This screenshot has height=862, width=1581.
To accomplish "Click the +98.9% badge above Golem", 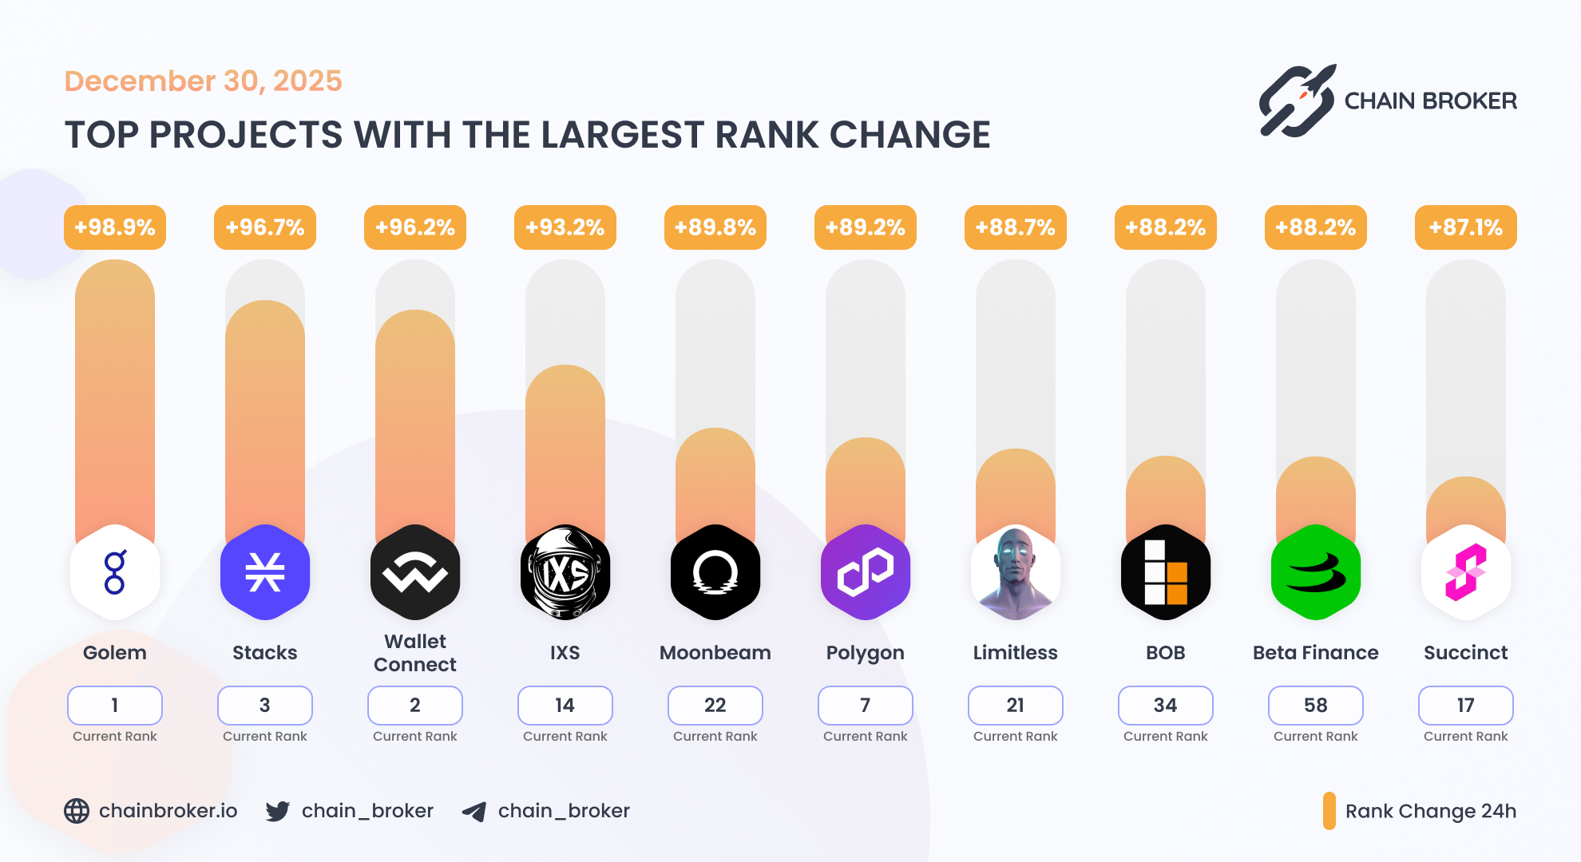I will coord(115,227).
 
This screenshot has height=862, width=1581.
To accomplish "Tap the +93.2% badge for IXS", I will coord(565,227).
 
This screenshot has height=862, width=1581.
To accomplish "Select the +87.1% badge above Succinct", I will coord(1466,227).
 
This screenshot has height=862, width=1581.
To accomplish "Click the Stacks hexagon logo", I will coord(265,572).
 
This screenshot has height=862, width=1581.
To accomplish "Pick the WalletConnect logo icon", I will coord(415,572).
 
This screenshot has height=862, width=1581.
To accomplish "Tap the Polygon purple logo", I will coord(866,572).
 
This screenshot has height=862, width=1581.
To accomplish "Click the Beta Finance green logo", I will coord(1316,572).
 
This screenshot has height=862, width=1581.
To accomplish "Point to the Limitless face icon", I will coord(1016,572).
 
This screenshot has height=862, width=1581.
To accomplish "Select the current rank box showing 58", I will coord(1316,706).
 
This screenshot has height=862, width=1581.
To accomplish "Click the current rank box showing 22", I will coord(715,706).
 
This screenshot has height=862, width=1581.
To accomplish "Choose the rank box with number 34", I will coord(1166,706).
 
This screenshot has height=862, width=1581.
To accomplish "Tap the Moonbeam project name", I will coord(715,653).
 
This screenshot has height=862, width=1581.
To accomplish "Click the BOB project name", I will coord(1166,653).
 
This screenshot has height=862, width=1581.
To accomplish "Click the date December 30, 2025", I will coord(203,81).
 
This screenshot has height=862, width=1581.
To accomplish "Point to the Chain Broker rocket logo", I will coord(1298,101).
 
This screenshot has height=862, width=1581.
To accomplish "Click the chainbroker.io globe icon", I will coord(77,811).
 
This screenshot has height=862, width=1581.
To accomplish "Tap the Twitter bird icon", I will coord(278,811).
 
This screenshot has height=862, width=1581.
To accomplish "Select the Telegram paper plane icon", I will coord(474,812).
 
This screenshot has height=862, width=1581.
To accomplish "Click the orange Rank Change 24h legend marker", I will coord(1329,811).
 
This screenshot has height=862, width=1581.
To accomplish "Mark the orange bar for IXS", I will coord(565,447).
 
